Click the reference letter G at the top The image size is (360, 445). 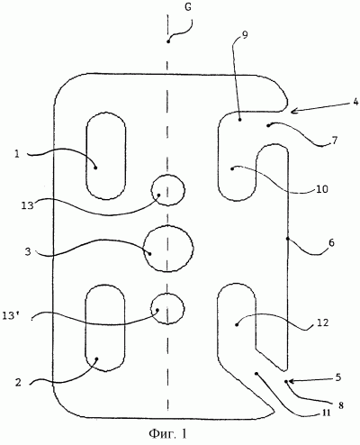pyautogui.click(x=188, y=7)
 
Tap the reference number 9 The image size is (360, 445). pyautogui.click(x=245, y=35)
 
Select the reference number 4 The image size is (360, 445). pyautogui.click(x=355, y=102)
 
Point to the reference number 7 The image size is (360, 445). pyautogui.click(x=335, y=140)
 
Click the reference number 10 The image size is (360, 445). pyautogui.click(x=322, y=189)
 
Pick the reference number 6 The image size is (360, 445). pyautogui.click(x=331, y=242)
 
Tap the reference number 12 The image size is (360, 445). pyautogui.click(x=322, y=322)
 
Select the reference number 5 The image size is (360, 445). pyautogui.click(x=338, y=377)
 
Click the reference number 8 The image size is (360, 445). pyautogui.click(x=340, y=405)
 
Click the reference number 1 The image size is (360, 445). pyautogui.click(x=17, y=154)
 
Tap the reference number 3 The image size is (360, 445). pyautogui.click(x=28, y=251)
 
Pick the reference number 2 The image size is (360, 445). pyautogui.click(x=18, y=383)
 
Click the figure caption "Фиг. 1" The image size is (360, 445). pyautogui.click(x=167, y=433)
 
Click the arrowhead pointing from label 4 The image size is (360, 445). pyautogui.click(x=293, y=112)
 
